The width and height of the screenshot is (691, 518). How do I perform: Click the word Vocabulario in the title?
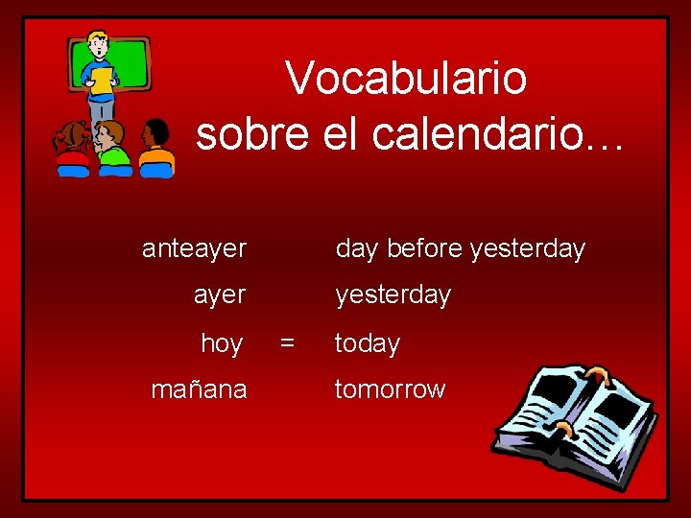[x=406, y=78]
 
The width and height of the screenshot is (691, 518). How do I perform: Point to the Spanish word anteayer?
[x=194, y=249]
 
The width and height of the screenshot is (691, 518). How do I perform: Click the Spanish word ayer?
[x=220, y=294]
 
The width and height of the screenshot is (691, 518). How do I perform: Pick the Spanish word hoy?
[x=222, y=343]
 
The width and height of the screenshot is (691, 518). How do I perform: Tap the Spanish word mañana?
[x=199, y=389]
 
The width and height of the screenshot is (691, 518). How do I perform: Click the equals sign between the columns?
[x=286, y=341]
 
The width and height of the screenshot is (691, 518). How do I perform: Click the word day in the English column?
[x=356, y=249]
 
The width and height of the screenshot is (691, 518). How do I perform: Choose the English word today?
[x=367, y=343]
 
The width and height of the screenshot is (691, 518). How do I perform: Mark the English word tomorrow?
[x=390, y=389]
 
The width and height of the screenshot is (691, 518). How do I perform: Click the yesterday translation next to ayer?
[x=393, y=294]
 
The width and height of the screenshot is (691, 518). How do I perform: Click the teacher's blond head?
[x=97, y=43]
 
